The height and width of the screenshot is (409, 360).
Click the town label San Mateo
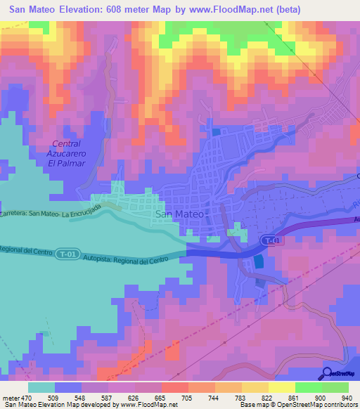tap(179, 215)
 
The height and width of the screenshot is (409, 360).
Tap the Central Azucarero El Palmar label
tap(66, 153)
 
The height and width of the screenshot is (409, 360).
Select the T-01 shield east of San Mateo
tap(274, 241)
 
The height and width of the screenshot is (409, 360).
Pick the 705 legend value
tap(186, 397)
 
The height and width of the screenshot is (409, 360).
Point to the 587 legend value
tap(108, 397)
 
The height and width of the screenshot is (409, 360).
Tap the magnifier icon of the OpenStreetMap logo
tap(327, 373)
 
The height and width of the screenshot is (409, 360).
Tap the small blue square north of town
tap(215, 131)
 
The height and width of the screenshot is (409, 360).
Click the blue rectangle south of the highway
tap(259, 262)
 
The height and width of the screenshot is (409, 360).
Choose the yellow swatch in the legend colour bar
tap(281, 387)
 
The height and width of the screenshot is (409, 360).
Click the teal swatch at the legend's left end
tap(41, 387)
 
